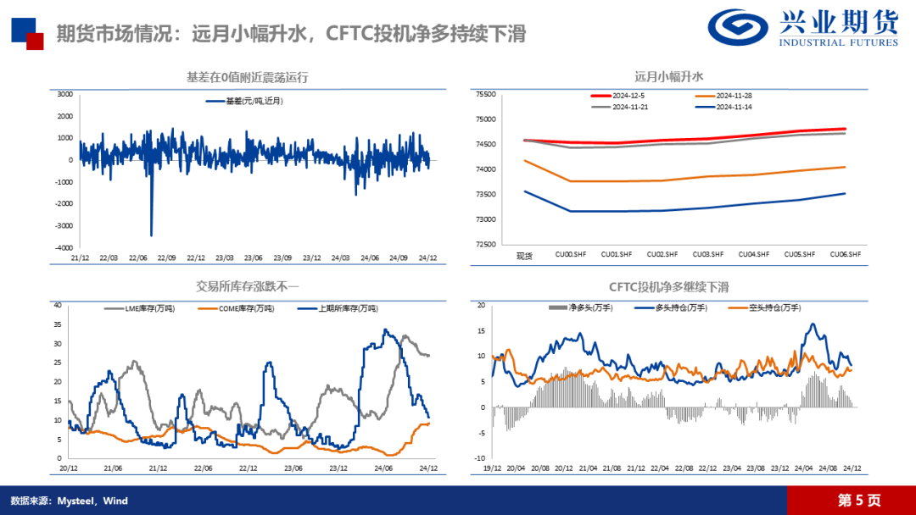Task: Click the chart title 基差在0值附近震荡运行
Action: coord(247,77)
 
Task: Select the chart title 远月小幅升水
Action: coord(669,76)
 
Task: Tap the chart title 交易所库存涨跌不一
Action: coord(249,286)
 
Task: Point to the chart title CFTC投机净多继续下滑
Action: coord(669,287)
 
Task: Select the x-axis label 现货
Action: coord(524,254)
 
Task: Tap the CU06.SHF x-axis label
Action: coord(845,254)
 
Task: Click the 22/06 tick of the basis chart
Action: coord(137,257)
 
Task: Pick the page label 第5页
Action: coord(858,501)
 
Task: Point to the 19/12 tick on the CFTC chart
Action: coord(492,468)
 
